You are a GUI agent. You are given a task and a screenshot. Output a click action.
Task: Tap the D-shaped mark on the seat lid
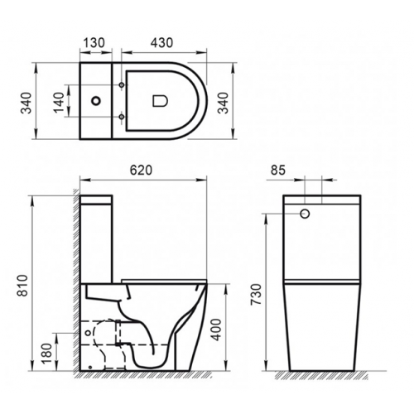161,101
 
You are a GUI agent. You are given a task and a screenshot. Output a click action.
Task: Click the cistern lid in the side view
99,200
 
